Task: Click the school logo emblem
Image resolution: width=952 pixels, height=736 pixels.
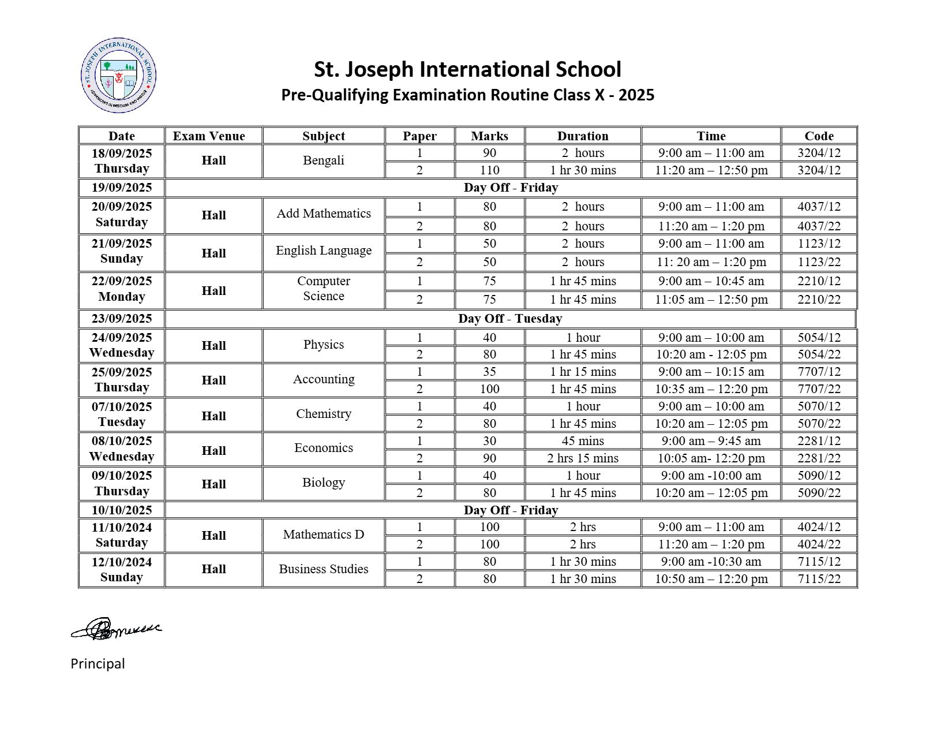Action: pos(119,76)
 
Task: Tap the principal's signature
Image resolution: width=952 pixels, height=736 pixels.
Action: pos(116,629)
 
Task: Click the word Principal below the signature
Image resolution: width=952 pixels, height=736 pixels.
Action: pos(98,664)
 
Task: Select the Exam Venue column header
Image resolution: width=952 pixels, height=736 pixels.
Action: pos(209,136)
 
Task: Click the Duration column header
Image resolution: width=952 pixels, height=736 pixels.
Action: pos(583,136)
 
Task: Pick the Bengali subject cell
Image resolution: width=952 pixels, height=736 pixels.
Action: pos(324,160)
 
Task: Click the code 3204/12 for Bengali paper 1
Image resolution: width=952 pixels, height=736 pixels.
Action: pos(819,153)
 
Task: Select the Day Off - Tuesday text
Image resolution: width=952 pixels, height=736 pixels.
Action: pos(510,319)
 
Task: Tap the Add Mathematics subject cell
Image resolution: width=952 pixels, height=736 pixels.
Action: pos(324,214)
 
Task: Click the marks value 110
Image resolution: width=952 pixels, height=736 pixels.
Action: pos(489,170)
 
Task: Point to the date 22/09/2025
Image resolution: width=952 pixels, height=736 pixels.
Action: pos(122,281)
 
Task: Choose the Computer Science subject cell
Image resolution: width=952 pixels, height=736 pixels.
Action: pos(324,289)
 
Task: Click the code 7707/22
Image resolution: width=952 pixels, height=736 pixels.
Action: pos(819,389)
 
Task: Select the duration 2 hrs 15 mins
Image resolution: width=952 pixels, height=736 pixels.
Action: pos(583,458)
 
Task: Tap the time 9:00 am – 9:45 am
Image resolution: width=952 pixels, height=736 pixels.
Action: pos(711,441)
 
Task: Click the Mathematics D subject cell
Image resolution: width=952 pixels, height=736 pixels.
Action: pos(324,535)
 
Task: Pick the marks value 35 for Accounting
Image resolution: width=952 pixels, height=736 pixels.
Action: pos(489,372)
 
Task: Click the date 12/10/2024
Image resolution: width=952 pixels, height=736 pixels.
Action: pos(122,562)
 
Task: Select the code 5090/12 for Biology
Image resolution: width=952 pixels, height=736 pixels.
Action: pos(819,476)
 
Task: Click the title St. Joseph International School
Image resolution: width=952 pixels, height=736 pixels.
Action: pos(467,69)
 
